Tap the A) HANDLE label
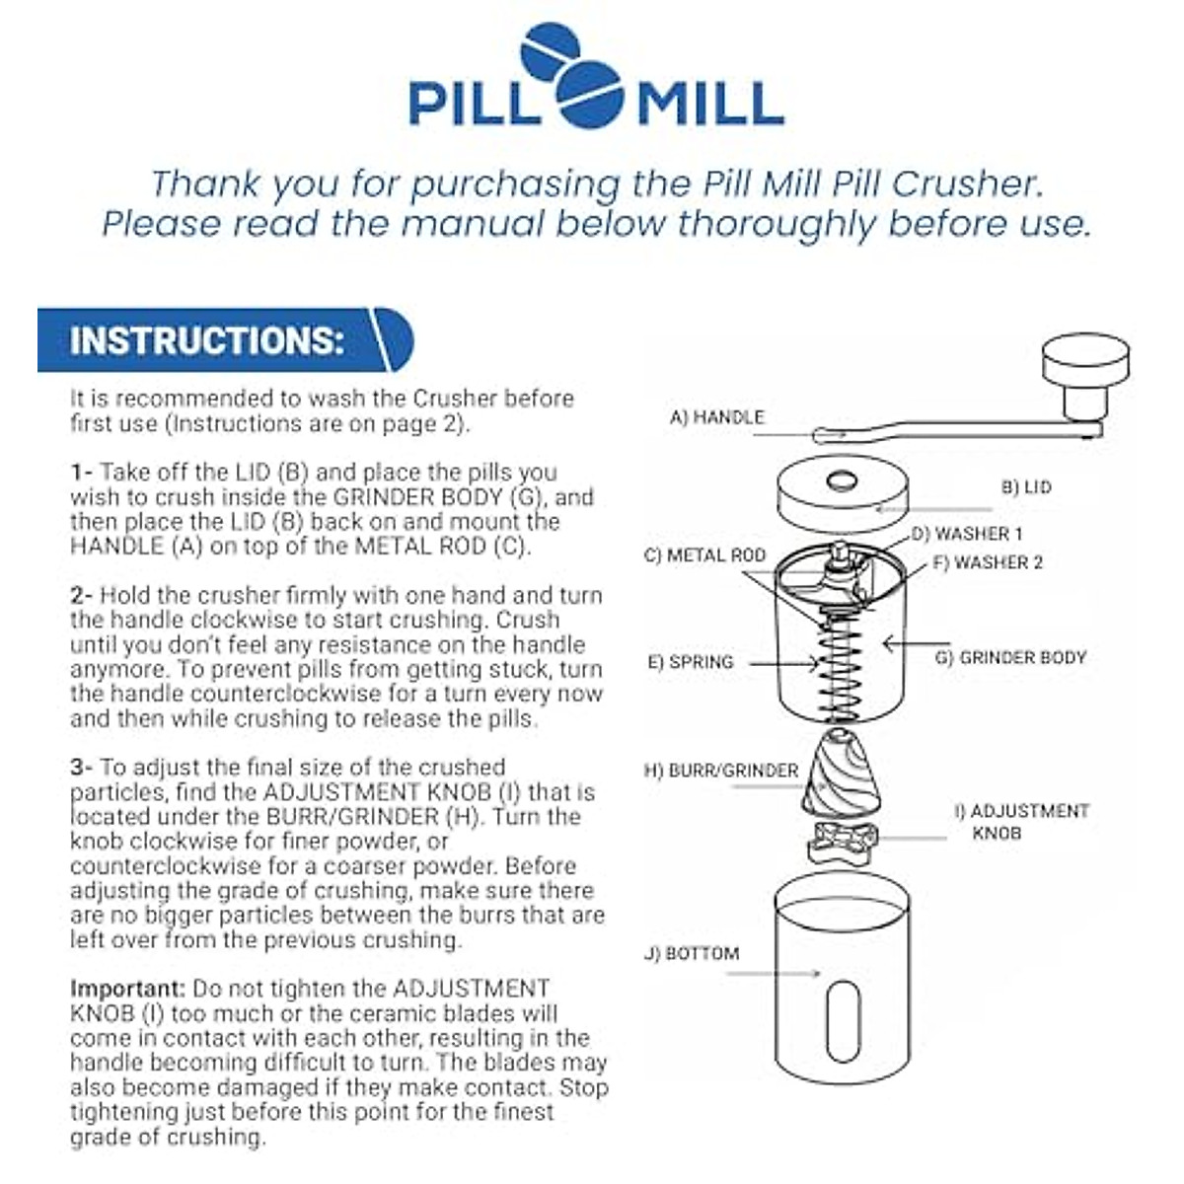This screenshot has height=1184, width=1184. pos(717,417)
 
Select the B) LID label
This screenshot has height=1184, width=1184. pos(1026,487)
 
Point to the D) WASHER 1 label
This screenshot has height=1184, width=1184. pos(966,535)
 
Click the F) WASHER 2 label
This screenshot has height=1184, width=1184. pos(987,562)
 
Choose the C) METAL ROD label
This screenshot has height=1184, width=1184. pos(704,555)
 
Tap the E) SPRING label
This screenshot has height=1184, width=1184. pos(691,662)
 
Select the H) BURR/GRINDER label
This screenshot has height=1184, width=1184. pos(721,771)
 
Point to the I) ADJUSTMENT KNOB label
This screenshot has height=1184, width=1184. pos(1021,822)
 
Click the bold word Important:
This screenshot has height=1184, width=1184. pos(127,989)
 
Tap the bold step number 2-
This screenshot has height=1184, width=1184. pos(82,596)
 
